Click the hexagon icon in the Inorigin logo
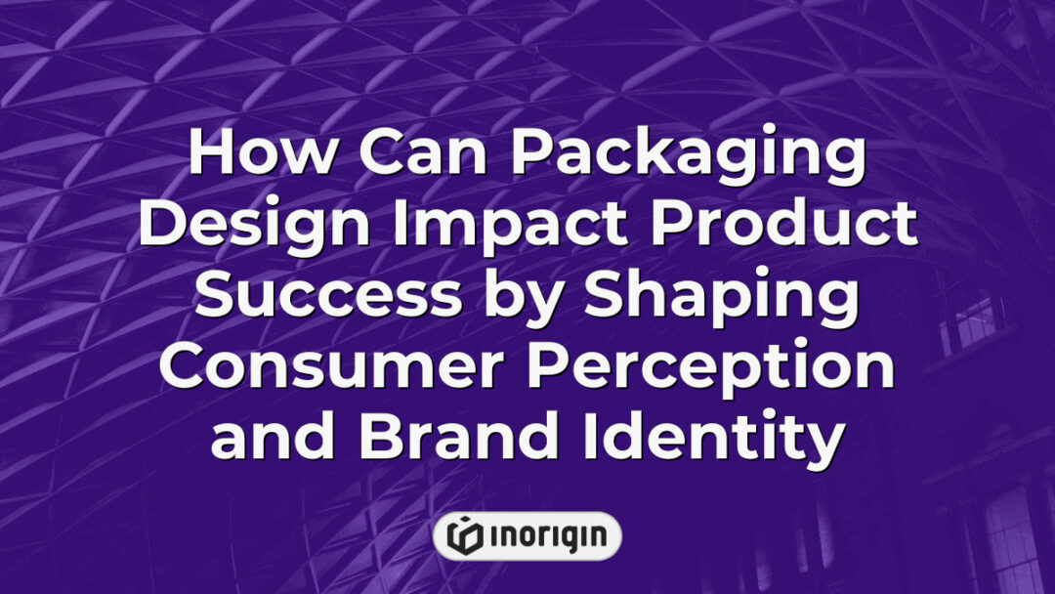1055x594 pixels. pos(463,536)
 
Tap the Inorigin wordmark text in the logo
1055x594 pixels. pos(545,536)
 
